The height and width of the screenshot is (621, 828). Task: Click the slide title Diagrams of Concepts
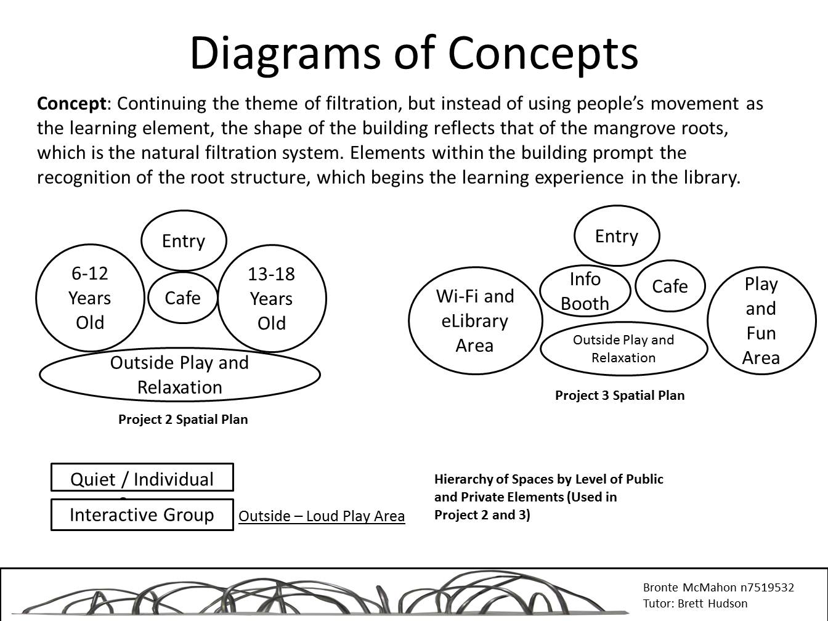tap(413, 52)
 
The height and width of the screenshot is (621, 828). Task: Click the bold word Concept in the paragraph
tap(71, 103)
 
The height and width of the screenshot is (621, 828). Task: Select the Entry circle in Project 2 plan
tap(184, 240)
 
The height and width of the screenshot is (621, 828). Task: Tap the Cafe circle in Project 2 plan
tap(183, 298)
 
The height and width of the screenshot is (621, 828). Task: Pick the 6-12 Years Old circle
tap(90, 298)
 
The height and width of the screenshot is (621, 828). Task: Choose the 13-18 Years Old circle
tap(272, 299)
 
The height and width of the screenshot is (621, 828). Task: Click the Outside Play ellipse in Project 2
tap(179, 375)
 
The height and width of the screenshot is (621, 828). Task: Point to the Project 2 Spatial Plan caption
tap(183, 420)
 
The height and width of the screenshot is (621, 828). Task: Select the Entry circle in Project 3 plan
tap(616, 236)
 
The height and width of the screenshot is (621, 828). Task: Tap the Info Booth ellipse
tap(585, 291)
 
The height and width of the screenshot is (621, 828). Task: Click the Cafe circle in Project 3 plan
tap(670, 286)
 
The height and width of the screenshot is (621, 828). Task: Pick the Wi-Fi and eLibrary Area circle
tap(475, 320)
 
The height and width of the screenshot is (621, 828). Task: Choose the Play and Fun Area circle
tap(761, 320)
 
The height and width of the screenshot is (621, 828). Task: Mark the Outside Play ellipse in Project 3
tap(623, 349)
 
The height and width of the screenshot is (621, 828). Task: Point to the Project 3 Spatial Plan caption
tap(619, 396)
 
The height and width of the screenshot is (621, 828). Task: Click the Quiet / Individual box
tap(142, 477)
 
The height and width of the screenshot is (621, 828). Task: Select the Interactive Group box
tap(142, 514)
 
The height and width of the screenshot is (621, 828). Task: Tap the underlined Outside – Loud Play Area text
tap(322, 516)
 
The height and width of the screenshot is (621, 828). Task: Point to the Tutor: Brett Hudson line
tap(695, 604)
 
